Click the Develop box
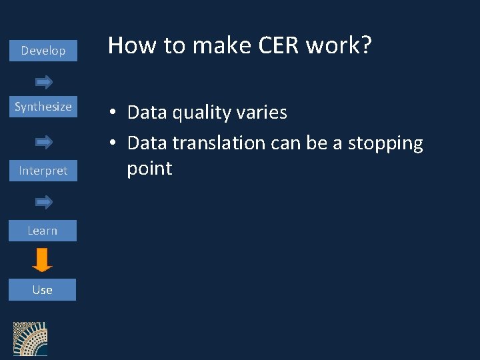click(43, 51)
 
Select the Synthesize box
click(43, 107)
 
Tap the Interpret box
click(43, 171)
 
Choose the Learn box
click(43, 231)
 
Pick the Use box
click(43, 290)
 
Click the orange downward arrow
click(43, 260)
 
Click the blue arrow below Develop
click(44, 82)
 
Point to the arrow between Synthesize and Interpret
click(44, 141)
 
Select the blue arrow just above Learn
click(44, 201)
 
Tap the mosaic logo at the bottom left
click(30, 339)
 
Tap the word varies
click(262, 113)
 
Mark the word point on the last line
click(149, 169)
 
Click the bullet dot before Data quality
click(115, 113)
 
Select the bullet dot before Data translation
click(115, 143)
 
